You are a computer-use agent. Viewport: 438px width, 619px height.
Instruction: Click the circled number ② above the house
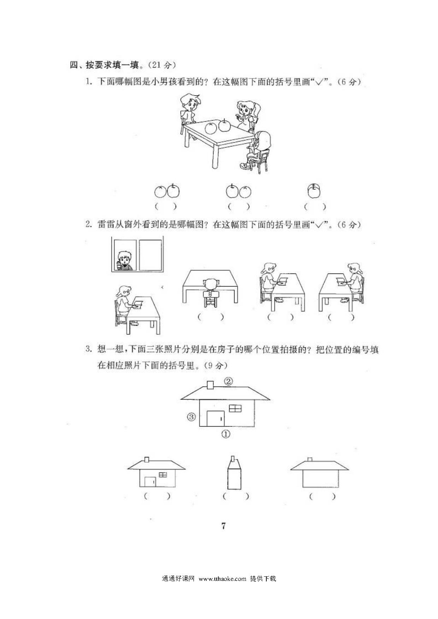pos(229,381)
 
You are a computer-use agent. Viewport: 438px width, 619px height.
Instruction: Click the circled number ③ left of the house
pos(191,417)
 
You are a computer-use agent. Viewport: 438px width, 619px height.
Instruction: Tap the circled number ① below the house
pos(226,434)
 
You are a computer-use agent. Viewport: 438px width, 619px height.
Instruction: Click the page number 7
pos(223,526)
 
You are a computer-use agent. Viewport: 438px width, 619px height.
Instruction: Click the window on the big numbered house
pos(236,408)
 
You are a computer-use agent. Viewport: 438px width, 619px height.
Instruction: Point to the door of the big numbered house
pos(215,419)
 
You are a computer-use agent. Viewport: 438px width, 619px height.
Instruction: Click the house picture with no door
pos(320,473)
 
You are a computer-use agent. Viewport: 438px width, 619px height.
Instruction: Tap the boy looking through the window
pos(124,261)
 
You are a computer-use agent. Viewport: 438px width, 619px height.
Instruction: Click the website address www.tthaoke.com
pos(223,579)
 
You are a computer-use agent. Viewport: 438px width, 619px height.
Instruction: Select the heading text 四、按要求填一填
pos(105,65)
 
